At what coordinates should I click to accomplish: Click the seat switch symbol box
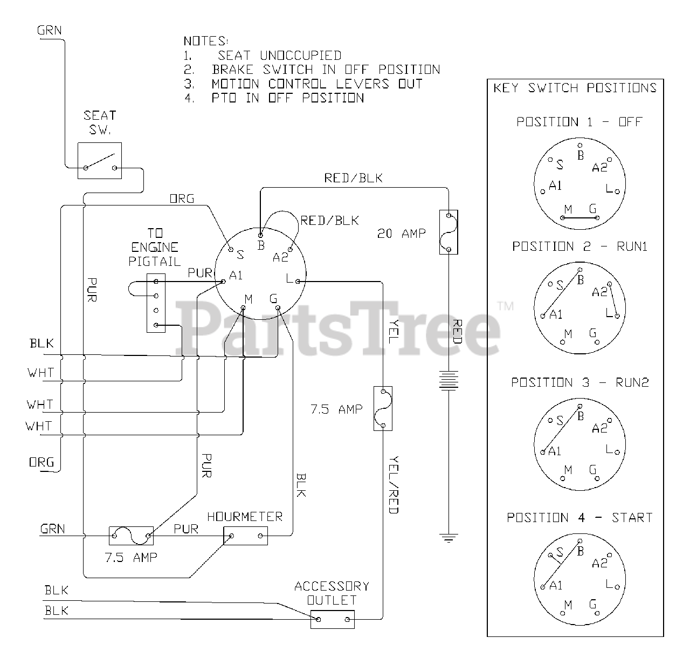click(x=100, y=161)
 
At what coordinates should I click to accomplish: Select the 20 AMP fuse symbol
click(x=449, y=232)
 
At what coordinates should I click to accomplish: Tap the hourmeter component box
click(x=245, y=536)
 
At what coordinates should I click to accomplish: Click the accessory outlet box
click(x=333, y=619)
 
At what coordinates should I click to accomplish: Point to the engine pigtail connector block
click(x=156, y=303)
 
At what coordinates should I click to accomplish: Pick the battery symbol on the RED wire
click(x=449, y=380)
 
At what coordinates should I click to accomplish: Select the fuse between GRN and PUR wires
click(x=132, y=536)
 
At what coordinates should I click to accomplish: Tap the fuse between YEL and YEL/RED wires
click(x=383, y=408)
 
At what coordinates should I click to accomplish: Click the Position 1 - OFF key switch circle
click(x=579, y=183)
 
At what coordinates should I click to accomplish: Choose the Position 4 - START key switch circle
click(x=579, y=580)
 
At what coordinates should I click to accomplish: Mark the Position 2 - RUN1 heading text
click(x=579, y=246)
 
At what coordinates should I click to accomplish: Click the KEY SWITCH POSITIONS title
click(x=575, y=88)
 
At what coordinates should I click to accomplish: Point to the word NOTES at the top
click(x=206, y=41)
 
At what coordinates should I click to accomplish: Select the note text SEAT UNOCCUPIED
click(x=279, y=56)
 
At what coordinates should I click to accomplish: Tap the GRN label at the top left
click(x=50, y=30)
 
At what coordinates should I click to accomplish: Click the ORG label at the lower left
click(x=42, y=462)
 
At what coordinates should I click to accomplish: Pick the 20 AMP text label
click(x=402, y=234)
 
